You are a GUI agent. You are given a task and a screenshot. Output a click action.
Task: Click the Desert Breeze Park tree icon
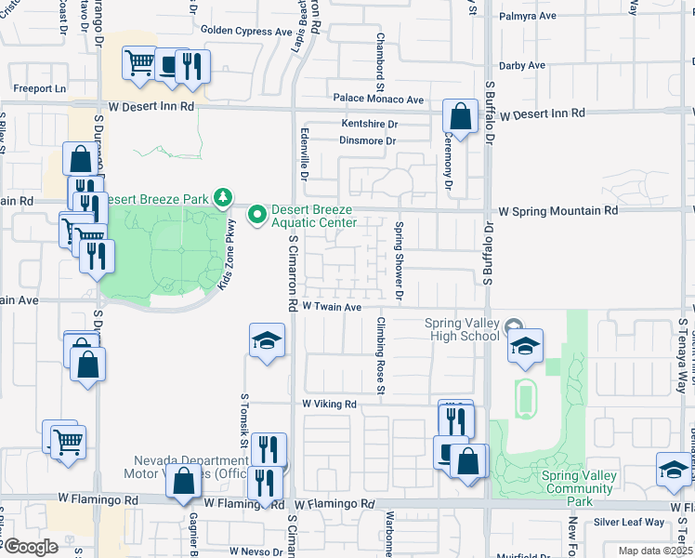point(222,196)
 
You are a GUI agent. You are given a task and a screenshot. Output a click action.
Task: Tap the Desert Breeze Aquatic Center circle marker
point(256,215)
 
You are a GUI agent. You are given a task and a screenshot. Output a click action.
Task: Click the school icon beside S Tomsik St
point(267,340)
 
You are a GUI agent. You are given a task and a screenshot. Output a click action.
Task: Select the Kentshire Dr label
point(369,123)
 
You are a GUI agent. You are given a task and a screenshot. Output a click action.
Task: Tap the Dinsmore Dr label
point(368,141)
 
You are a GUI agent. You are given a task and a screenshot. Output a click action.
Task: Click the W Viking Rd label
point(330,405)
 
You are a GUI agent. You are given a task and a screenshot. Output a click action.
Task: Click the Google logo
point(31,547)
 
